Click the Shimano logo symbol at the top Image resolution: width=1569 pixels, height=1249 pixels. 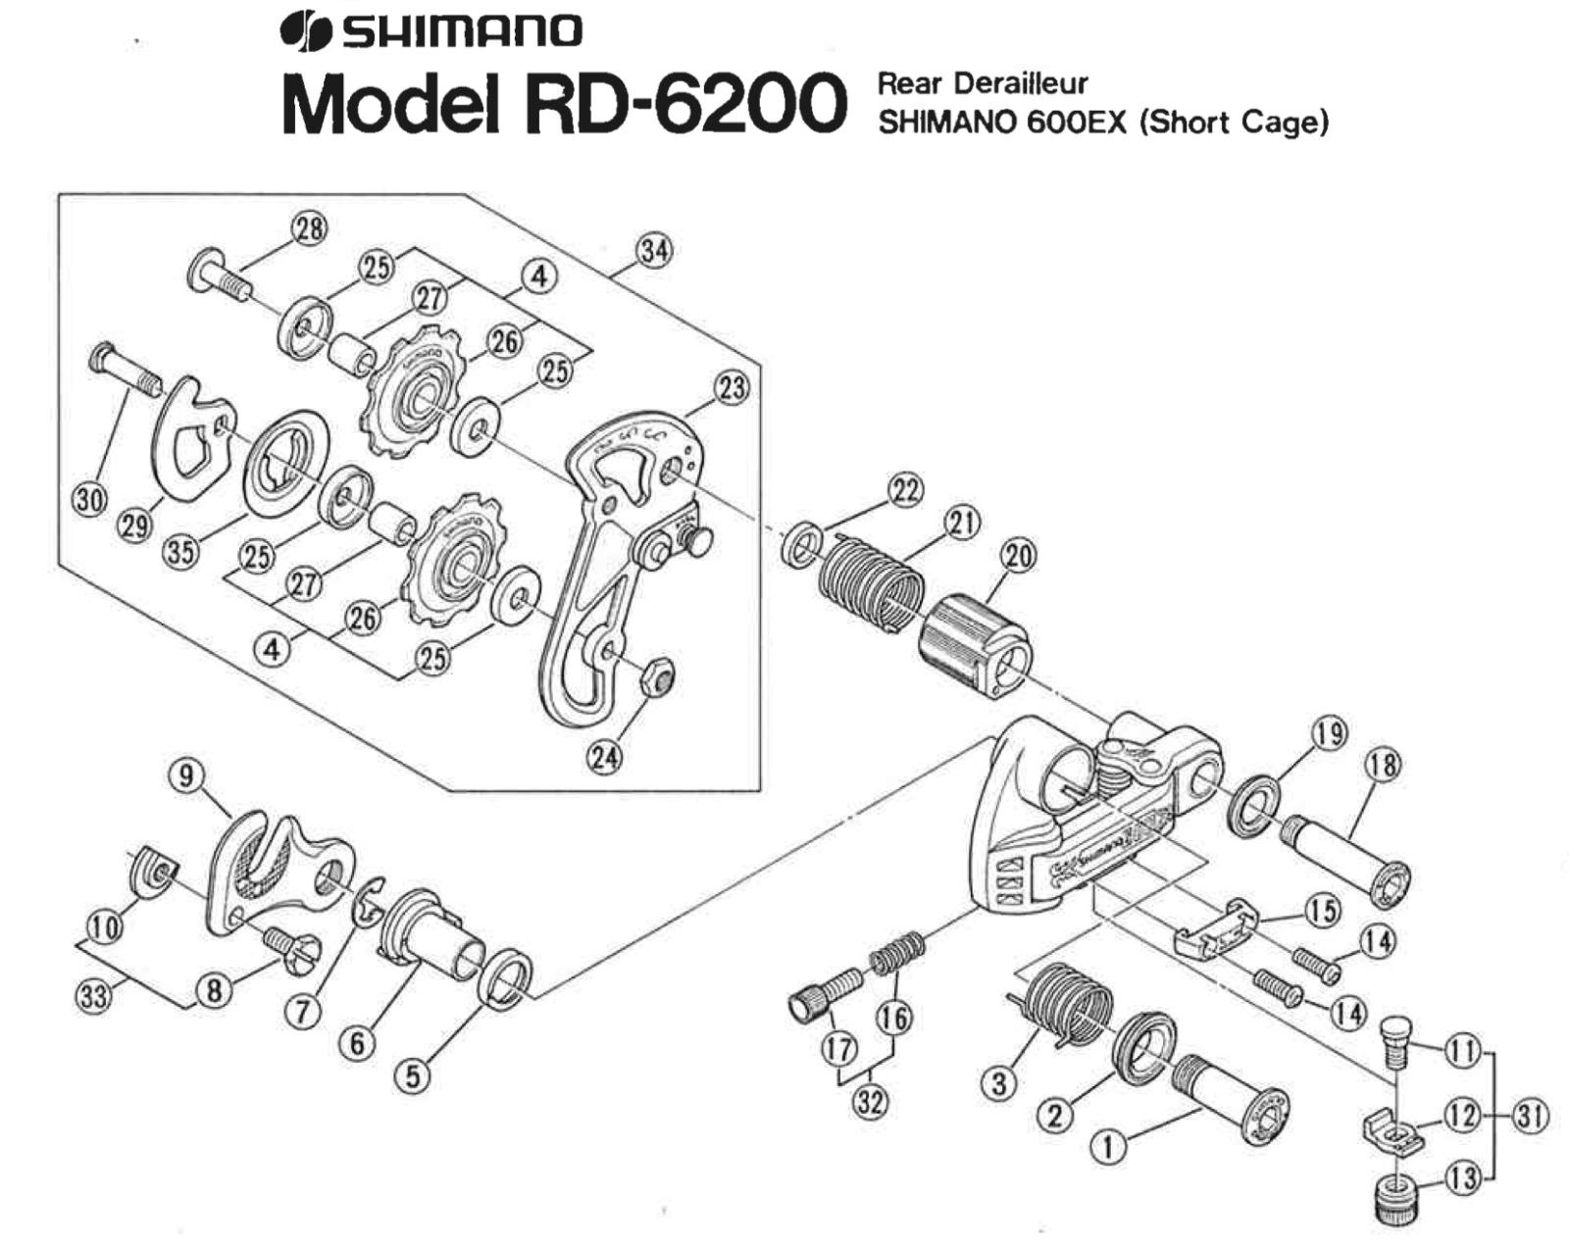305,30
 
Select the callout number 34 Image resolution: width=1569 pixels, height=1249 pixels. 655,251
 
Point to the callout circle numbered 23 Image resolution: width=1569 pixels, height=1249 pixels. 731,387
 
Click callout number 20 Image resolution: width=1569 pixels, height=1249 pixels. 1018,556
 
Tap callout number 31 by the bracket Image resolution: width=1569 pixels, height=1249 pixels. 1530,1115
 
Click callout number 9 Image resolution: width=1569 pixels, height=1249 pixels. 186,775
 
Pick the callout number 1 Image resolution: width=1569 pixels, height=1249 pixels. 1109,1145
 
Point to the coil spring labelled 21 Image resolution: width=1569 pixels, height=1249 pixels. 871,585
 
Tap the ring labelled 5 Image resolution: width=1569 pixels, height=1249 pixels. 506,978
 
